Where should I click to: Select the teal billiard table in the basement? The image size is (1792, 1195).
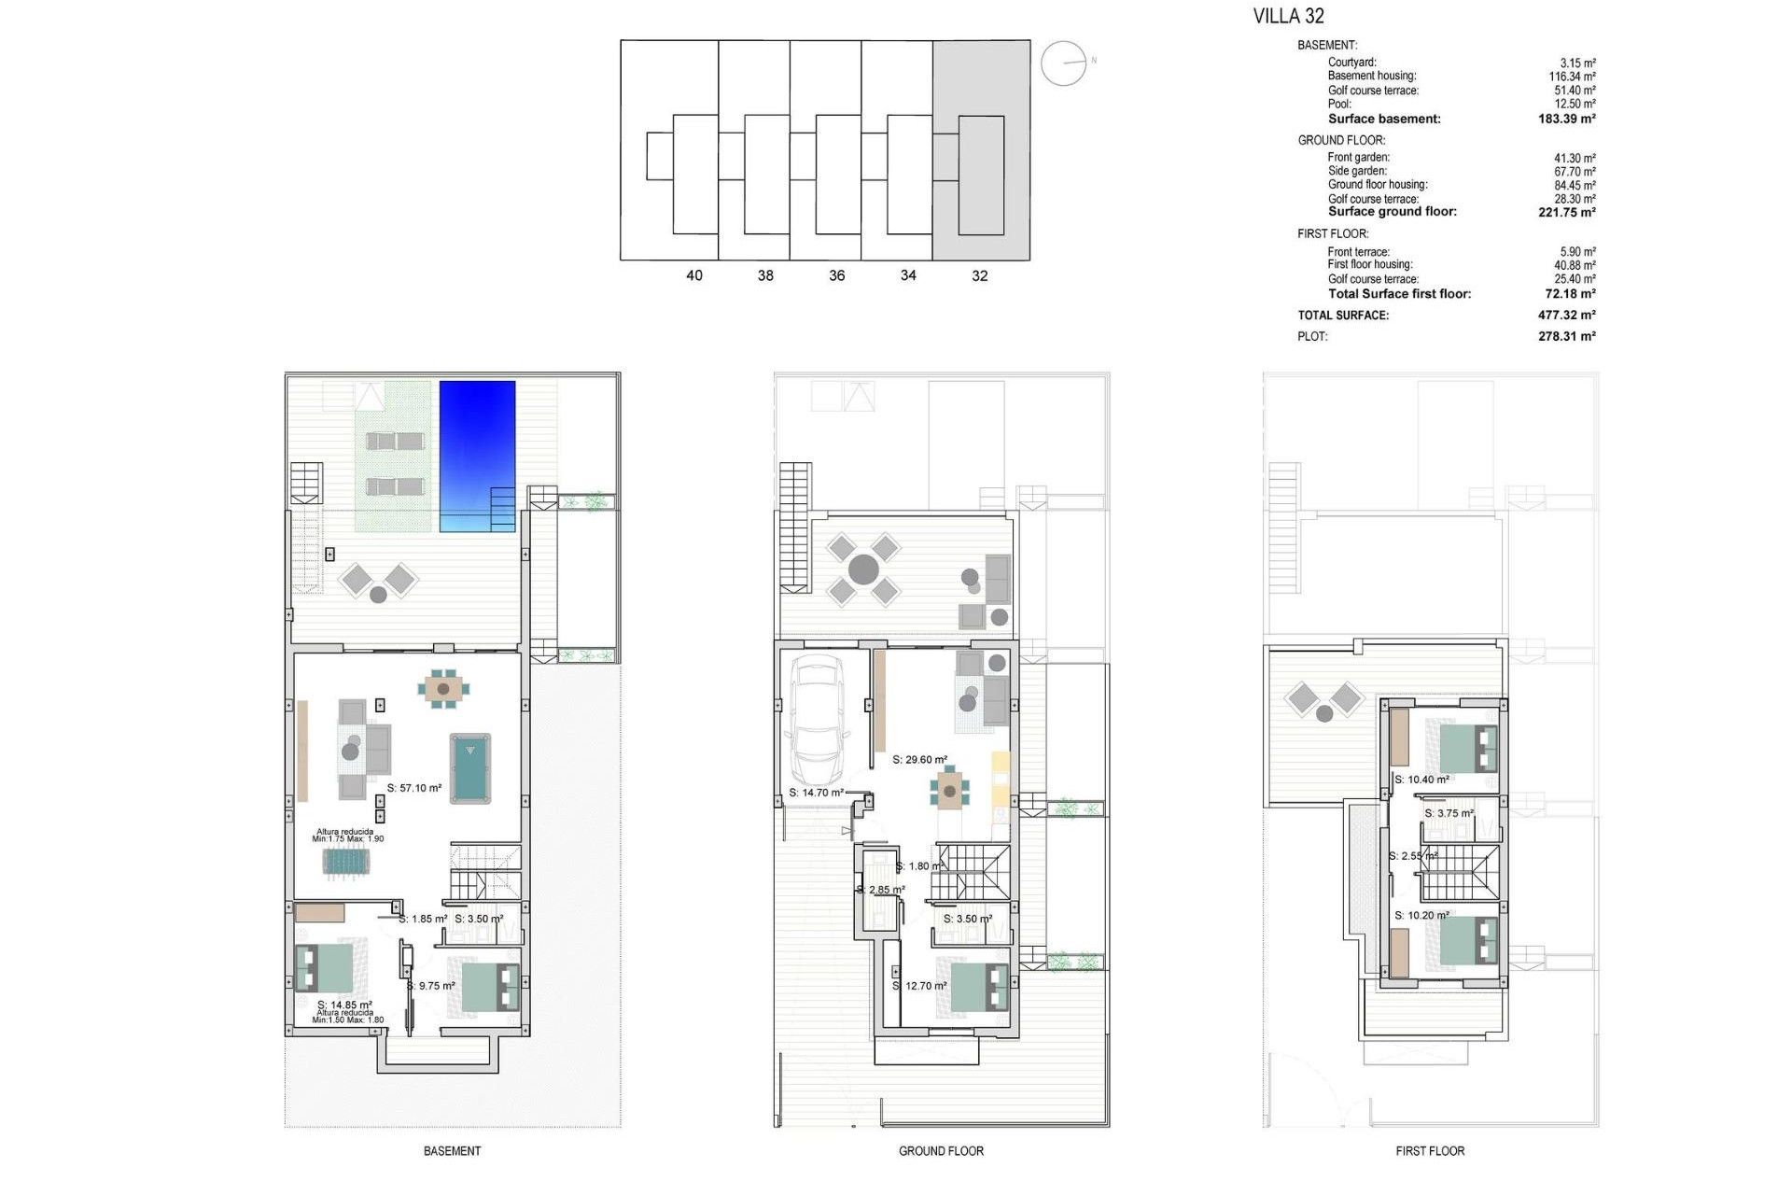pyautogui.click(x=470, y=767)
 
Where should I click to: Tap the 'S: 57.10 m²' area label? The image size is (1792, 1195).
pyautogui.click(x=414, y=788)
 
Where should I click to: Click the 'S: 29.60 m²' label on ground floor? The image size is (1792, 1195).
pyautogui.click(x=920, y=760)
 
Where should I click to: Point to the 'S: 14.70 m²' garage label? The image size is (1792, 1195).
pyautogui.click(x=817, y=793)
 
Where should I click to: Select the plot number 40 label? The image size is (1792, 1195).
pyautogui.click(x=694, y=275)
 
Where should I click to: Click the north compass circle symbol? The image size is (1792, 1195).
pyautogui.click(x=1063, y=63)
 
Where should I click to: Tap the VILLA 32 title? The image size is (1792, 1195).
pyautogui.click(x=1288, y=16)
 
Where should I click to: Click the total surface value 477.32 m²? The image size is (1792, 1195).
pyautogui.click(x=1566, y=316)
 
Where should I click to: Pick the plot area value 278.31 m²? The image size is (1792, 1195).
pyautogui.click(x=1566, y=336)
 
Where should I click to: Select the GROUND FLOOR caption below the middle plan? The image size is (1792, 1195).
pyautogui.click(x=941, y=1151)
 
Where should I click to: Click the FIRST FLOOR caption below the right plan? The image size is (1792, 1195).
pyautogui.click(x=1430, y=1151)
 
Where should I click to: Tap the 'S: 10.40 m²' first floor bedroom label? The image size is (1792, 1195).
pyautogui.click(x=1422, y=780)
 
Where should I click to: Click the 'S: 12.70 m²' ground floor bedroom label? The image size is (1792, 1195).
pyautogui.click(x=920, y=986)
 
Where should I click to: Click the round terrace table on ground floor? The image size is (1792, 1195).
pyautogui.click(x=863, y=569)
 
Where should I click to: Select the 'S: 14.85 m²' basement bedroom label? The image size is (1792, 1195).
pyautogui.click(x=344, y=1005)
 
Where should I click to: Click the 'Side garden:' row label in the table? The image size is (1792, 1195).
pyautogui.click(x=1357, y=171)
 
